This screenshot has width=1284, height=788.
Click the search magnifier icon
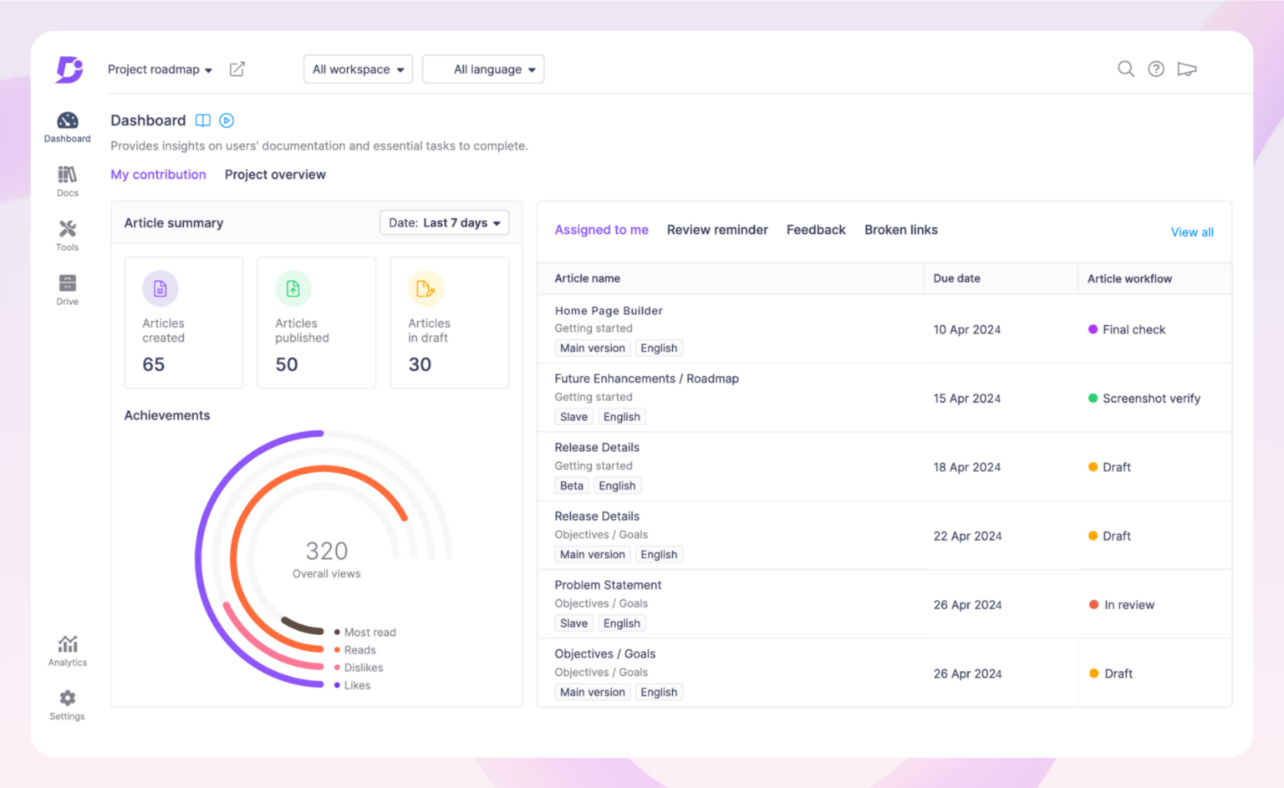point(1126,69)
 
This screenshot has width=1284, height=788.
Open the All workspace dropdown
point(358,69)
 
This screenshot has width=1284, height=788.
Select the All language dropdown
point(484,69)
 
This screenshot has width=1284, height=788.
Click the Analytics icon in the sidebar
point(68,645)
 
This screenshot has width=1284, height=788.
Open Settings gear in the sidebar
point(68,699)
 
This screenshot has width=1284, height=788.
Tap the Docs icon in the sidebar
point(68,175)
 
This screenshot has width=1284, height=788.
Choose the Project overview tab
point(275,175)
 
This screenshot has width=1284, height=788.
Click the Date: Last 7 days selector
point(444,223)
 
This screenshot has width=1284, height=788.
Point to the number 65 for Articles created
point(154,364)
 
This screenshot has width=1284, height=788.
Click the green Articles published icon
point(293,289)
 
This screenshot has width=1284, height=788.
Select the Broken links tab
point(900,230)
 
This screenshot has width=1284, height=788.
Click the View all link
point(1191,232)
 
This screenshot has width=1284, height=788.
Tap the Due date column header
point(956,278)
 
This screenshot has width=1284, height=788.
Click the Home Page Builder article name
point(608,311)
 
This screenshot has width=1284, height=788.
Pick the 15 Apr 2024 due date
point(966,399)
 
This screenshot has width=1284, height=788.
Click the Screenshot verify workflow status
point(1150,399)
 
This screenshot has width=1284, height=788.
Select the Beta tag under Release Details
point(572,486)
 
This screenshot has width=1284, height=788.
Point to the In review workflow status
point(1129,605)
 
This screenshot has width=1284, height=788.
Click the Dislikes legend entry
point(363,668)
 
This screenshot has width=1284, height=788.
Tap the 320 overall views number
point(326,552)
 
